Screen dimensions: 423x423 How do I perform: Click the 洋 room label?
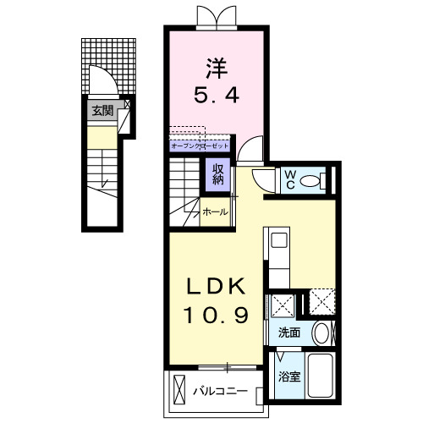(217, 67)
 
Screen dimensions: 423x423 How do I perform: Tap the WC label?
(289, 179)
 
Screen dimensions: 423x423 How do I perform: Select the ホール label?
(214, 212)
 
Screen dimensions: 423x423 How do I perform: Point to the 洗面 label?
(289, 332)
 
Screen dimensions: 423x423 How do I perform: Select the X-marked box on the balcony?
(179, 391)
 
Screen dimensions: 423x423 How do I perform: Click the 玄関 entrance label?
(102, 107)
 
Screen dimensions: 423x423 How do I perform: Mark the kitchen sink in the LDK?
(279, 244)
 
